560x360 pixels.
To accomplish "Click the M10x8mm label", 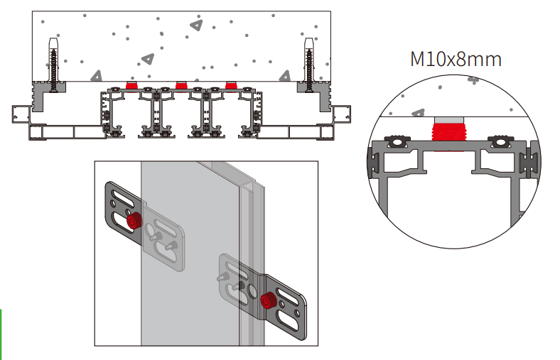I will [456, 58].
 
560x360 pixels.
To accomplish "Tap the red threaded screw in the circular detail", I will [447, 133].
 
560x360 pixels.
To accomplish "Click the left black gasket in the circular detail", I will [397, 142].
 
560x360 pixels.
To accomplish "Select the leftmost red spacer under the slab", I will [131, 85].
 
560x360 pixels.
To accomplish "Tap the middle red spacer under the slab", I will [181, 85].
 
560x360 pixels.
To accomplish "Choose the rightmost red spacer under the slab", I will [231, 85].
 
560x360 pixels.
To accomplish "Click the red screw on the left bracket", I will [133, 222].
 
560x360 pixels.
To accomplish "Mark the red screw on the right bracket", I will [269, 300].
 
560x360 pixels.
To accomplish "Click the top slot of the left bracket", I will [117, 193].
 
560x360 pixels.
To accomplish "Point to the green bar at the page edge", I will [1, 334].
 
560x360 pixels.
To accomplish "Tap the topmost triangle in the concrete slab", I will [196, 26].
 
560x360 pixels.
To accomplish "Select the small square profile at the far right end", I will [343, 112].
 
